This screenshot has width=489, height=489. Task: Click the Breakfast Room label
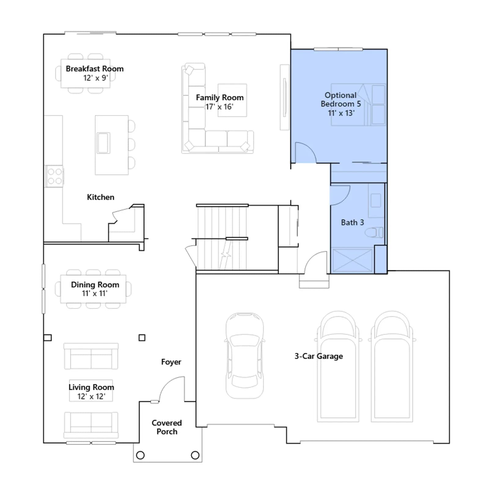tap(95, 69)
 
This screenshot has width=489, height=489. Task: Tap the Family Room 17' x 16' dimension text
tap(219, 107)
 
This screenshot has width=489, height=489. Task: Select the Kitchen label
tap(101, 197)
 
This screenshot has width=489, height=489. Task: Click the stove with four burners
tap(55, 176)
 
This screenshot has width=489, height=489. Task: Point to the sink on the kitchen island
tap(103, 143)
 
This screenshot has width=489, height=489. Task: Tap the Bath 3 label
tap(352, 222)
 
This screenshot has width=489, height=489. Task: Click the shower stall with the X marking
tap(352, 260)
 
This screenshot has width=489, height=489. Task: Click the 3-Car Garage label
tap(319, 356)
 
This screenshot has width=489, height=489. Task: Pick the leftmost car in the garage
tap(244, 356)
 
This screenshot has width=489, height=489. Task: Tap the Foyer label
tap(171, 362)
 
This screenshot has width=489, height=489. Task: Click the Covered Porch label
tap(167, 427)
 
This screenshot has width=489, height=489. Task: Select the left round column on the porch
tap(140, 455)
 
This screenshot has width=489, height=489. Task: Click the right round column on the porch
tap(195, 455)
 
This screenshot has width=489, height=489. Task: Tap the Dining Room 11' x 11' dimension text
tap(95, 293)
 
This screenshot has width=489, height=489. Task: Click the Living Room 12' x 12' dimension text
tap(91, 396)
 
